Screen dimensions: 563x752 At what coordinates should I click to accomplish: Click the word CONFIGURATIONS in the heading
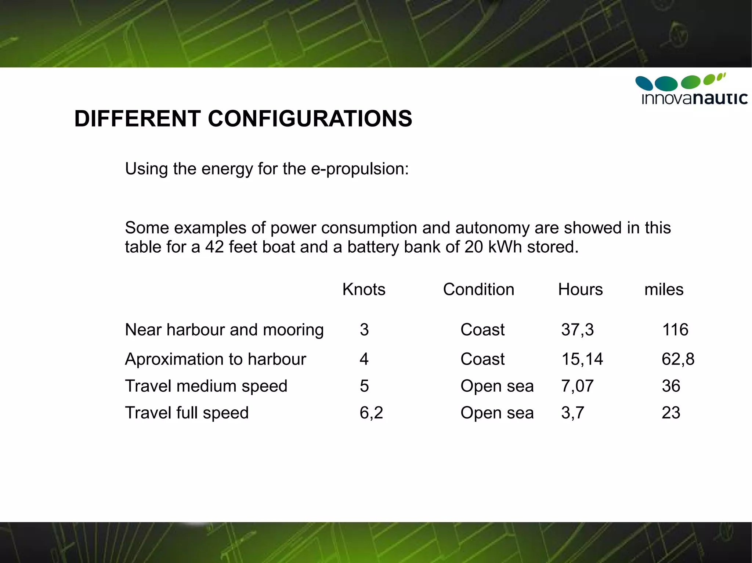pyautogui.click(x=310, y=119)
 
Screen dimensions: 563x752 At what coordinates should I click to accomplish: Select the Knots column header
pyautogui.click(x=364, y=290)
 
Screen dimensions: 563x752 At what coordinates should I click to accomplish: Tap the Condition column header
pyautogui.click(x=478, y=290)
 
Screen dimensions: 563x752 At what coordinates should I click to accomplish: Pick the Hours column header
pyautogui.click(x=580, y=290)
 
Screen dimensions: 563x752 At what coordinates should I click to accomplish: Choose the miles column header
pyautogui.click(x=664, y=290)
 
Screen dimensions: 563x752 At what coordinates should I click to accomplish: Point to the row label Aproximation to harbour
pyautogui.click(x=215, y=359)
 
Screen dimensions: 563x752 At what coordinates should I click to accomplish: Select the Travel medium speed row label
pyautogui.click(x=206, y=386)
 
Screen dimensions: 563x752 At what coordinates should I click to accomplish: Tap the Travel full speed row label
pyautogui.click(x=187, y=413)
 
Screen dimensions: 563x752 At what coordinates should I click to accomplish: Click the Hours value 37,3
pyautogui.click(x=577, y=330)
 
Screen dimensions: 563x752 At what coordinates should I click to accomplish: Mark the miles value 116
pyautogui.click(x=675, y=330)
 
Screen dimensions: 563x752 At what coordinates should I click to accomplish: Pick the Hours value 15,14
pyautogui.click(x=582, y=359)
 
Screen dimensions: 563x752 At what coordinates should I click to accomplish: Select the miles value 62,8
pyautogui.click(x=678, y=359)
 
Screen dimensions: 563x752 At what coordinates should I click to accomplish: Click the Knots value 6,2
pyautogui.click(x=371, y=413)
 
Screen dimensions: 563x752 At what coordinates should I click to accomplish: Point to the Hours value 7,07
pyautogui.click(x=577, y=386)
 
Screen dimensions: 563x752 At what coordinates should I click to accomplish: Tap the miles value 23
pyautogui.click(x=671, y=413)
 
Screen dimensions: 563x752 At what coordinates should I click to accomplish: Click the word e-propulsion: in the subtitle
pyautogui.click(x=360, y=169)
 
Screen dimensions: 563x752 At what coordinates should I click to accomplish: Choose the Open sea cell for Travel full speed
pyautogui.click(x=497, y=413)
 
